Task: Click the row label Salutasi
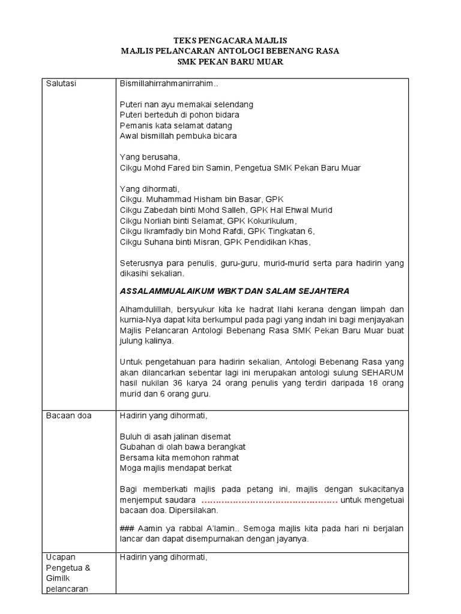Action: point(62,83)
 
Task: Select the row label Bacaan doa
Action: point(69,415)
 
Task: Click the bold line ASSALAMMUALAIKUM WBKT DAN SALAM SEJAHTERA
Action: point(235,291)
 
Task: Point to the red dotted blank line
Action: point(269,501)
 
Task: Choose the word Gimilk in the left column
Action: point(59,577)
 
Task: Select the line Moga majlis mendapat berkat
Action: point(176,468)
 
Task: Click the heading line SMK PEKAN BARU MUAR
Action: point(230,62)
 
